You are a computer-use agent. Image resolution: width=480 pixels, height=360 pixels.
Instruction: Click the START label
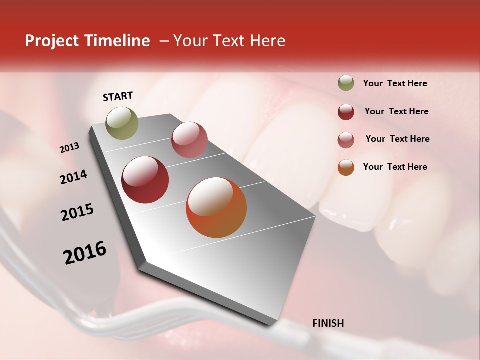118,96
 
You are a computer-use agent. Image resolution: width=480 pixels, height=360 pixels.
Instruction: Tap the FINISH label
328,323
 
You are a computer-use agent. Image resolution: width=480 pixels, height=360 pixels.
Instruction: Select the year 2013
69,148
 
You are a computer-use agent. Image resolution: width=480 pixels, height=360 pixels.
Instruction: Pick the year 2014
73,177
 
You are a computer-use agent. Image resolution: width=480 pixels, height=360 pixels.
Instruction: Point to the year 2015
77,212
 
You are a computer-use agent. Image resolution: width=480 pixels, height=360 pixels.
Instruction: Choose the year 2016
85,253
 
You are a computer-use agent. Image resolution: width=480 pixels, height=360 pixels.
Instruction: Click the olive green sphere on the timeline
122,123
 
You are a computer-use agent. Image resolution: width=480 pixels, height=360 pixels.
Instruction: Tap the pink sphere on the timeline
189,140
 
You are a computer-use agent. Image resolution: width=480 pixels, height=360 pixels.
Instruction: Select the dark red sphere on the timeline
145,180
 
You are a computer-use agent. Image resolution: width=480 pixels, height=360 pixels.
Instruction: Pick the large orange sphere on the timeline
216,207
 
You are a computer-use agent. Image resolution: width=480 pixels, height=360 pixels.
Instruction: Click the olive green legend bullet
346,83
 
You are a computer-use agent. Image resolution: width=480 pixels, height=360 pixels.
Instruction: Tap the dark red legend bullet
346,112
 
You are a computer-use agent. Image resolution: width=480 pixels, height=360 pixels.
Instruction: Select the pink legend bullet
346,140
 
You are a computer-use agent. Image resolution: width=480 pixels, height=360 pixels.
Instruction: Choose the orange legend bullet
346,167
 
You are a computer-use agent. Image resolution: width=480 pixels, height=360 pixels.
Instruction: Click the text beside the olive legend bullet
395,84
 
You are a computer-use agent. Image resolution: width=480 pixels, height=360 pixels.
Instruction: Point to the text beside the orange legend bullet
395,167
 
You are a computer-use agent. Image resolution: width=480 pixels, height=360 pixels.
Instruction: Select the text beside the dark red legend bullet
396,111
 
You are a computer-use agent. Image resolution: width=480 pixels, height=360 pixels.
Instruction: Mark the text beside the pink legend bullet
397,139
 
